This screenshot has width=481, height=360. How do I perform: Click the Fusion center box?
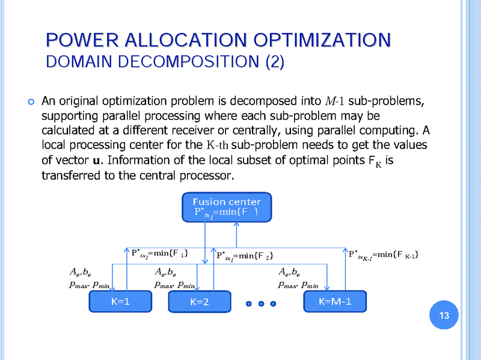coord(227,207)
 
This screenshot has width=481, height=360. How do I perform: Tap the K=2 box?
coord(199,302)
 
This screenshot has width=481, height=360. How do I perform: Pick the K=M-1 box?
coord(335,301)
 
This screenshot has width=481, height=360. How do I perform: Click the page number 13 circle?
coord(445,316)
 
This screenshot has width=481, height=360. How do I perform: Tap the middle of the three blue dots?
coord(261,303)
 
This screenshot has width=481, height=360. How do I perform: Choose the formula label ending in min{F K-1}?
coord(384,255)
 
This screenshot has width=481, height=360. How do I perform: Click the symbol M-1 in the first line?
coord(334,100)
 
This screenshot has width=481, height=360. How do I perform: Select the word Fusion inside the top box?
coord(208,201)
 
